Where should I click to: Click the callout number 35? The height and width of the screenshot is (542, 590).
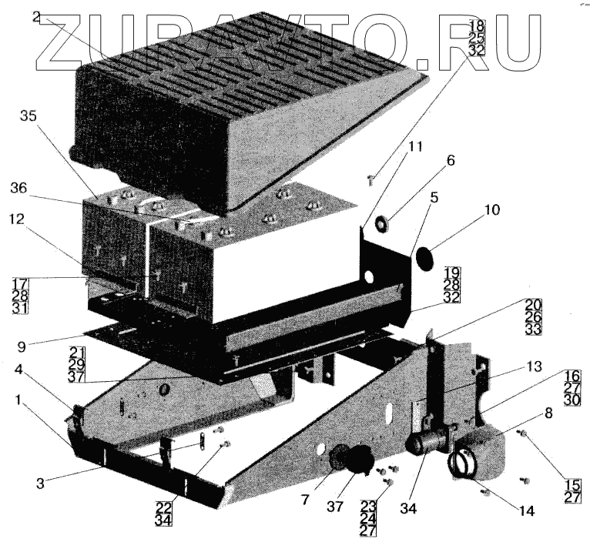click(x=28, y=117)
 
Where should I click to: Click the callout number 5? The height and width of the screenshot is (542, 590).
click(x=434, y=197)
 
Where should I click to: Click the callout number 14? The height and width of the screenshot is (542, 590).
click(x=506, y=509)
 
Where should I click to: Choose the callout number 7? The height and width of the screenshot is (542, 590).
click(x=306, y=499)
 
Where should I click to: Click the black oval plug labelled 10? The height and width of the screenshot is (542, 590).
click(x=424, y=258)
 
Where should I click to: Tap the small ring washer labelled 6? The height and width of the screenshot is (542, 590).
click(x=380, y=224)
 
